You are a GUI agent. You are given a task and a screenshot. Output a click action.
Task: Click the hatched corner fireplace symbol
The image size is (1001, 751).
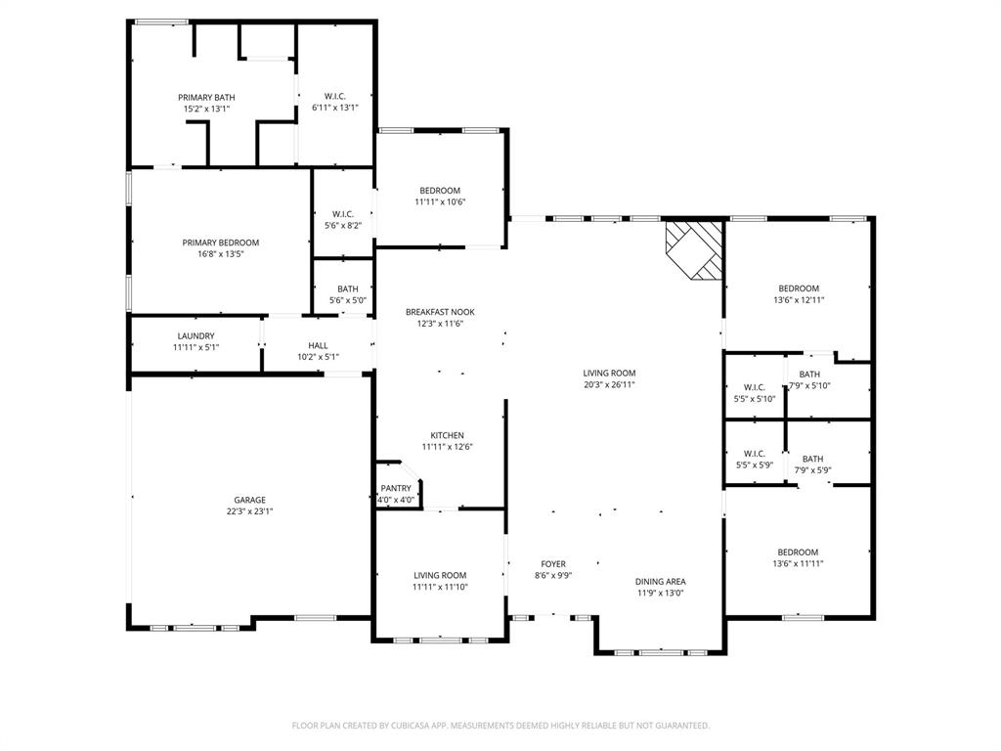(694, 248)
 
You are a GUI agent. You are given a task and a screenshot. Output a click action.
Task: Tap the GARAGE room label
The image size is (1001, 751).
(249, 500)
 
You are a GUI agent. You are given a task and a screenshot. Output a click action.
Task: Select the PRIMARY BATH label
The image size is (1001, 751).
(206, 97)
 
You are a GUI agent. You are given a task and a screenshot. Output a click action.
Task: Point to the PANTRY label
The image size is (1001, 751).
(396, 488)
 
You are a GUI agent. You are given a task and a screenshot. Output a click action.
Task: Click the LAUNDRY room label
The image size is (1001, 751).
(196, 335)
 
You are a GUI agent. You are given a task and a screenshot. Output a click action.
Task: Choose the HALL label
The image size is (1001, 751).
(319, 345)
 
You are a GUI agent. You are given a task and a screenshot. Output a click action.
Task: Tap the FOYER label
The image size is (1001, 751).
(554, 564)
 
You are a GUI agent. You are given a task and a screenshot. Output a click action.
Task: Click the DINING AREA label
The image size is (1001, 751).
(662, 581)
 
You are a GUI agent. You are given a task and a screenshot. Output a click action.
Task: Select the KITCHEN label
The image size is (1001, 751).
(448, 435)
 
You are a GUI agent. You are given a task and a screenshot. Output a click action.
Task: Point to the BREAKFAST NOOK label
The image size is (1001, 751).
(440, 312)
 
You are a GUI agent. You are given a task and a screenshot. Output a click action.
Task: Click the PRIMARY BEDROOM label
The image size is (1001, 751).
(221, 243)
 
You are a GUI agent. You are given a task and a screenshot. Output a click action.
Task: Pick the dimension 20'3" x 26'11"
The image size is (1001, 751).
(610, 384)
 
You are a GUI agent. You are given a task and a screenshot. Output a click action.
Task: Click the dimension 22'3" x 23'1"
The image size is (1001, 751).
(249, 510)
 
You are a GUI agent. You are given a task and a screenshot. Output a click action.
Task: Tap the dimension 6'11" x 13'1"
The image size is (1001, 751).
(335, 108)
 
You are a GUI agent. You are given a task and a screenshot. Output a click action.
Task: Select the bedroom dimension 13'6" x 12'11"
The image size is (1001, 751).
(799, 299)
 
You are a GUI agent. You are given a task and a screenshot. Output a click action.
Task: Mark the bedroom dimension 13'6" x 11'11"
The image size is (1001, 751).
(799, 563)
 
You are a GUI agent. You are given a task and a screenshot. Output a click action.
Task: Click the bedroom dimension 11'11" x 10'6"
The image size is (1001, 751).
(440, 201)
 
